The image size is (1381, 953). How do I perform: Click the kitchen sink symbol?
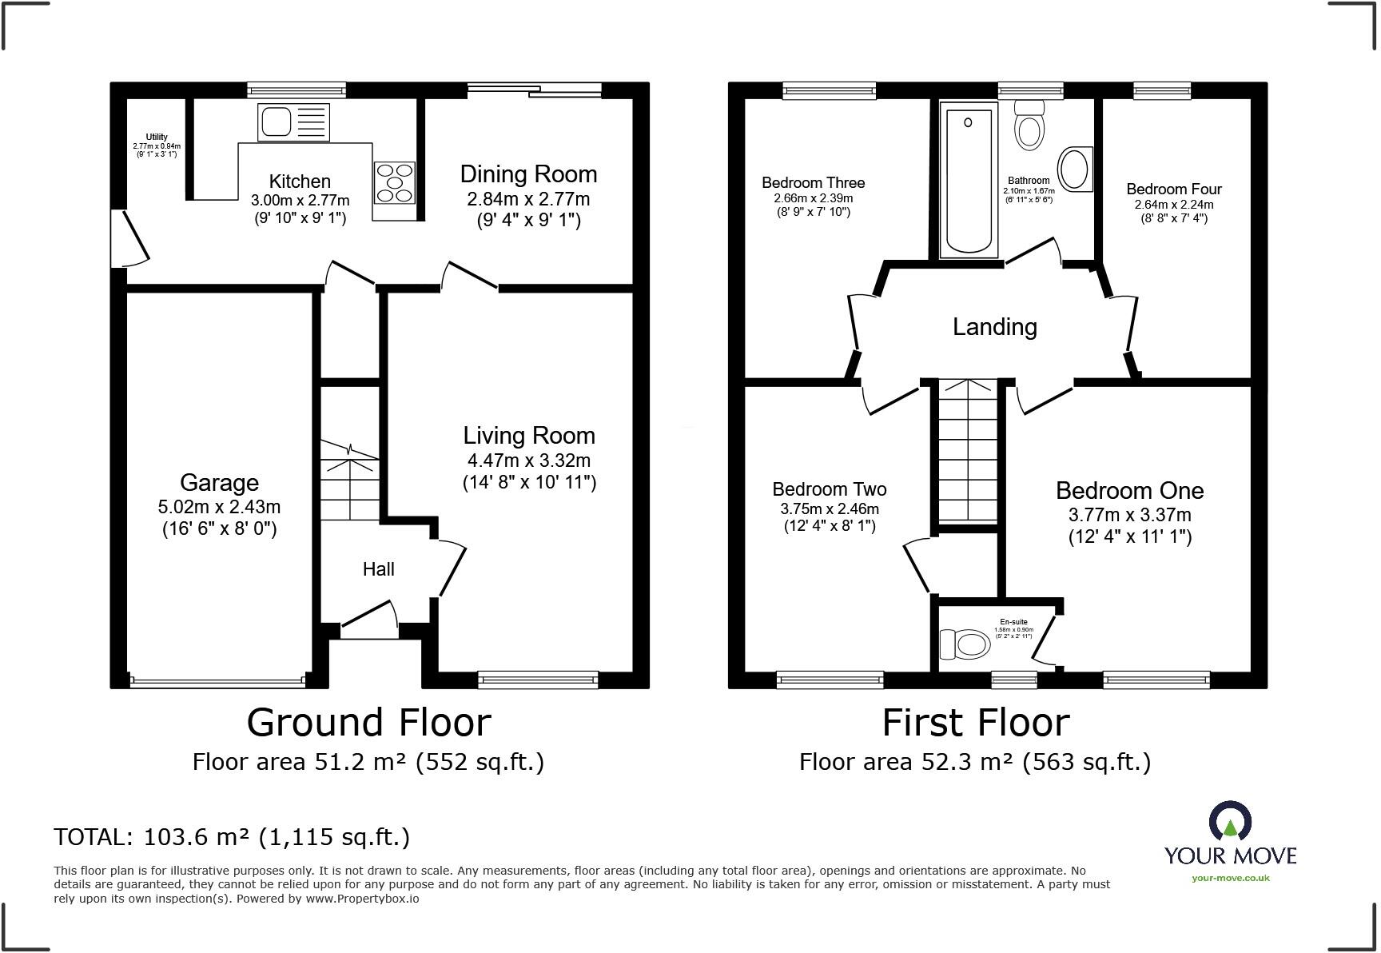coord(293,122)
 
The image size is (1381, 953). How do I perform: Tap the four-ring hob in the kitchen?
coord(395,182)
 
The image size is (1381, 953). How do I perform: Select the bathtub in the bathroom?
coord(969,181)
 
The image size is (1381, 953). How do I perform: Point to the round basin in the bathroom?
coord(1075,170)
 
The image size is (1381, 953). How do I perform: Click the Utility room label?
coord(157,137)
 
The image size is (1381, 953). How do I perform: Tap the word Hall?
coord(378,569)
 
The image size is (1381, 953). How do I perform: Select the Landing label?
coord(994,326)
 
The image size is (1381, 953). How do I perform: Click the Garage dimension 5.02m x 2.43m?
coord(219,507)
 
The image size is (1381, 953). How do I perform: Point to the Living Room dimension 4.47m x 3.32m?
coord(528,460)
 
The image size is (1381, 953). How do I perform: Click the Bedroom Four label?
coord(1173,189)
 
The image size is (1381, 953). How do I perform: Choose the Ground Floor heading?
coord(368,723)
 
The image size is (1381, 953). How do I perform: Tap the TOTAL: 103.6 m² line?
coord(232,837)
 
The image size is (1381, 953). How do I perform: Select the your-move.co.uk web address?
coord(1230,878)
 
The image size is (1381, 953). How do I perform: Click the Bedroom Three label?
coord(813,183)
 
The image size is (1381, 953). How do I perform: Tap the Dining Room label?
coord(528,174)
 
